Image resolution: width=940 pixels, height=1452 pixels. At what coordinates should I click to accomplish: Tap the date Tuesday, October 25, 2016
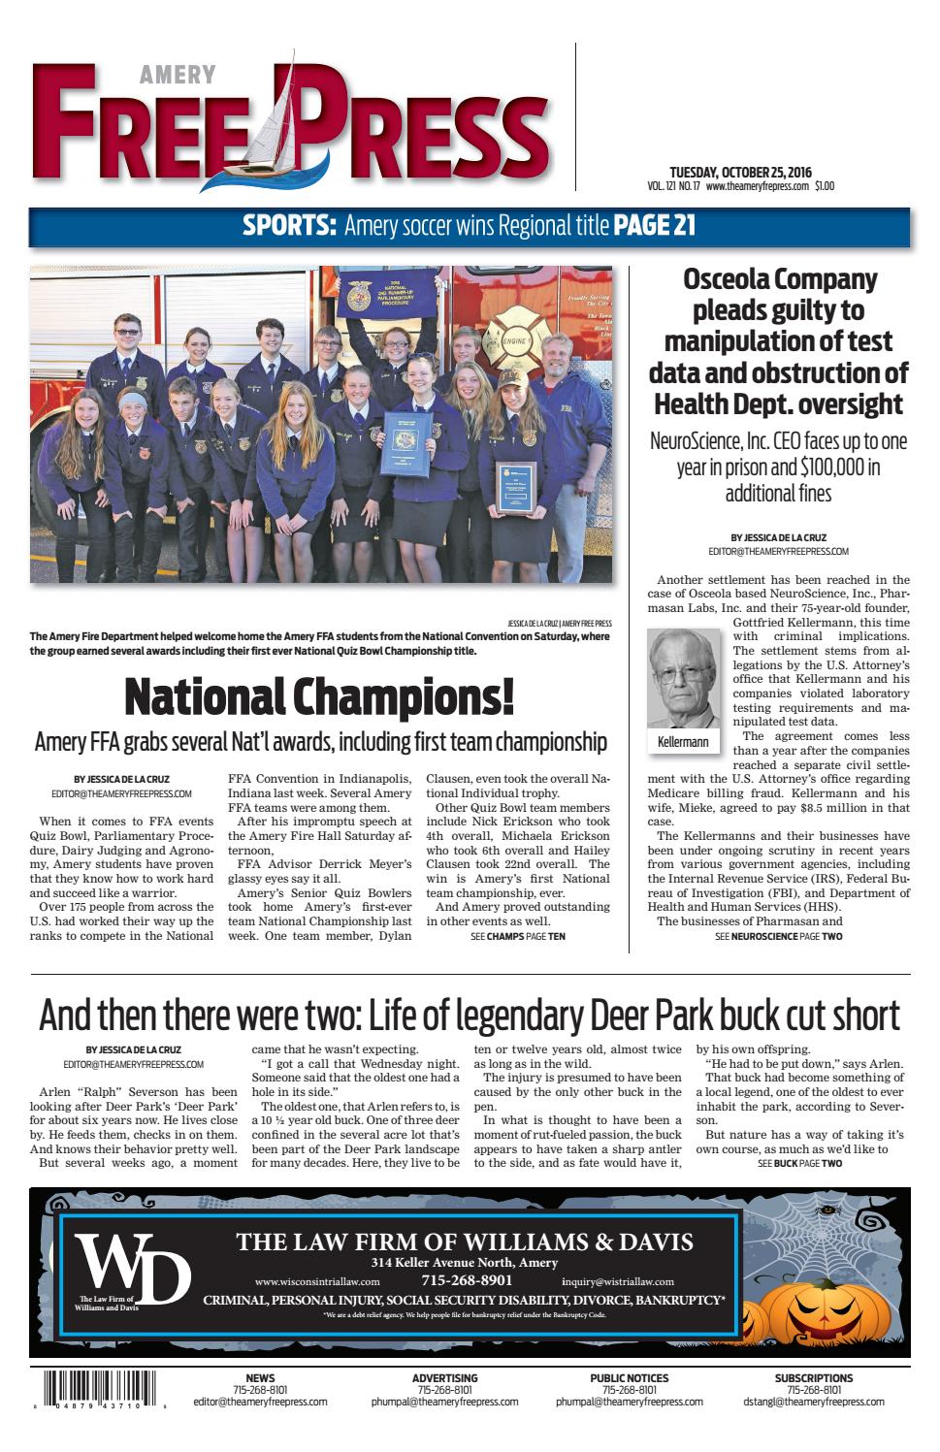738,171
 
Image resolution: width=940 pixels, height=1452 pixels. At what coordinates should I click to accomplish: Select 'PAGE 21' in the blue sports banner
655,227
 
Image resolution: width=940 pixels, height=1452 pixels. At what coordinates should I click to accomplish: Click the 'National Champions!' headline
319,696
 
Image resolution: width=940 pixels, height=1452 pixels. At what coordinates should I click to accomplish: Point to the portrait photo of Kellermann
683,677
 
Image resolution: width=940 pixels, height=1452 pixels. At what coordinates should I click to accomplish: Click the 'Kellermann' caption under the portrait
683,742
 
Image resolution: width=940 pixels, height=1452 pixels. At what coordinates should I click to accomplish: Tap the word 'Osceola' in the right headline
732,279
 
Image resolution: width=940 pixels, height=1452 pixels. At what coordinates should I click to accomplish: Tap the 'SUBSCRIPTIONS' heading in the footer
813,1377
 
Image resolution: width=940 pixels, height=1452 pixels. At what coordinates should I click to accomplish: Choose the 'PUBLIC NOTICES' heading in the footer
629,1377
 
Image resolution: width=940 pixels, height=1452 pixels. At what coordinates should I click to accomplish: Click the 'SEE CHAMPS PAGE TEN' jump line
517,937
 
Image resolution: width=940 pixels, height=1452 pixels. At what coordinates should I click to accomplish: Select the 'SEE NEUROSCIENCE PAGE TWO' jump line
778,937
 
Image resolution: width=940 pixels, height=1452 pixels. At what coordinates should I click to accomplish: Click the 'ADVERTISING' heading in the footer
444,1377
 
